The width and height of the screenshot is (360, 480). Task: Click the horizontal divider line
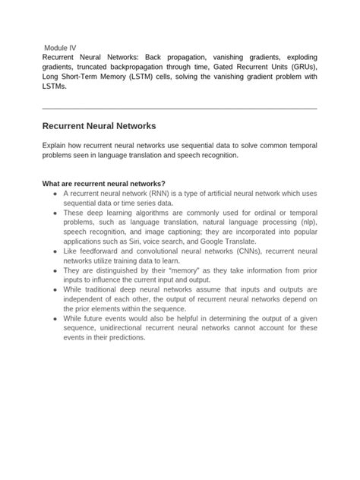179,109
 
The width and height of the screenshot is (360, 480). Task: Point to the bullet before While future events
55,319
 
